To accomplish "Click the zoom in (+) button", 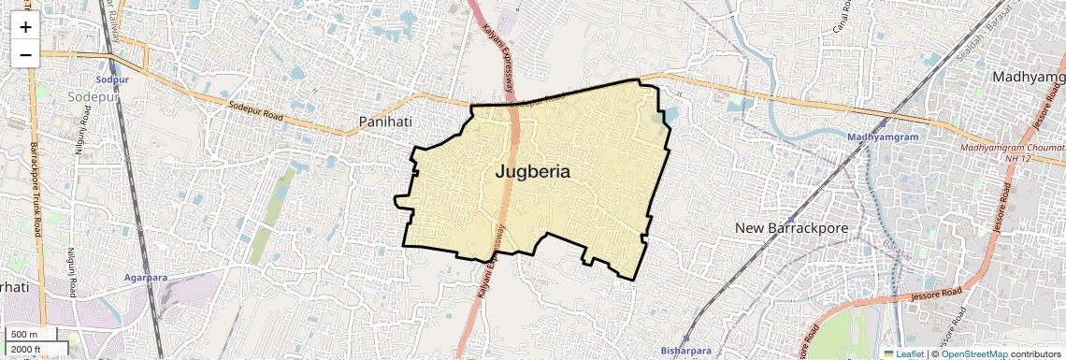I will pos(25,27).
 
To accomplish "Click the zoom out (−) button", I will pos(25,55).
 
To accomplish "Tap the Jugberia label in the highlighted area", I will pos(532,172).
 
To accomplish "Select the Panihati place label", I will pos(385,122).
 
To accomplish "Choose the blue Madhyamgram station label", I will pos(883,137).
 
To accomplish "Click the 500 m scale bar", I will pos(25,335).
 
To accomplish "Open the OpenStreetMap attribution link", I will pos(973,354).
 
